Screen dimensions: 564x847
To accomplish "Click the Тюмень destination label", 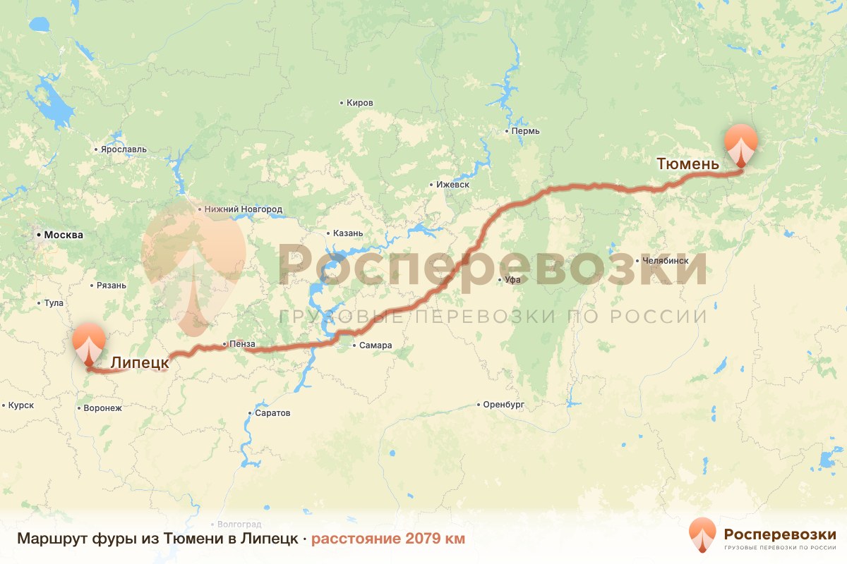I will (x=687, y=164).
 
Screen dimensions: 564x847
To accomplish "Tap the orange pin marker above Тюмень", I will (x=740, y=143).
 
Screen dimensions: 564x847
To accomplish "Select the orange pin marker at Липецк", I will (x=89, y=343).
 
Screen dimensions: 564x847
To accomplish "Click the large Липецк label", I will (x=140, y=362).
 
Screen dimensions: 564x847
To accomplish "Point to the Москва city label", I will (x=63, y=235).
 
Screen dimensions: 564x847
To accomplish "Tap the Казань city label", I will (x=348, y=233).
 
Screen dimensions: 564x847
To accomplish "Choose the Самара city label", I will (x=375, y=345).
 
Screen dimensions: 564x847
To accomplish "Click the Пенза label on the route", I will (x=241, y=344).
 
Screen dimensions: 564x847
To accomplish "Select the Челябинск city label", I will (x=665, y=260).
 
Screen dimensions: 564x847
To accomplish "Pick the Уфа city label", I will (x=512, y=280).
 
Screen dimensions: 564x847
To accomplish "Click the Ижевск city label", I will (x=452, y=185).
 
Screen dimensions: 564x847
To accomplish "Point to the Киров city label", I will (x=359, y=103).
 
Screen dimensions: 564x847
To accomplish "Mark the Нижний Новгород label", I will (x=244, y=209).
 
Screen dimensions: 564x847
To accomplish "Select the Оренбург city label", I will (x=505, y=405).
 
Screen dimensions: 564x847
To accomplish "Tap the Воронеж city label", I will (x=102, y=407).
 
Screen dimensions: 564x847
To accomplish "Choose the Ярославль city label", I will (x=124, y=149).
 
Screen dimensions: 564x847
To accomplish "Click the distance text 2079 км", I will (x=388, y=539).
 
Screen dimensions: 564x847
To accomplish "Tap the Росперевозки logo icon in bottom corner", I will (x=702, y=534).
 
